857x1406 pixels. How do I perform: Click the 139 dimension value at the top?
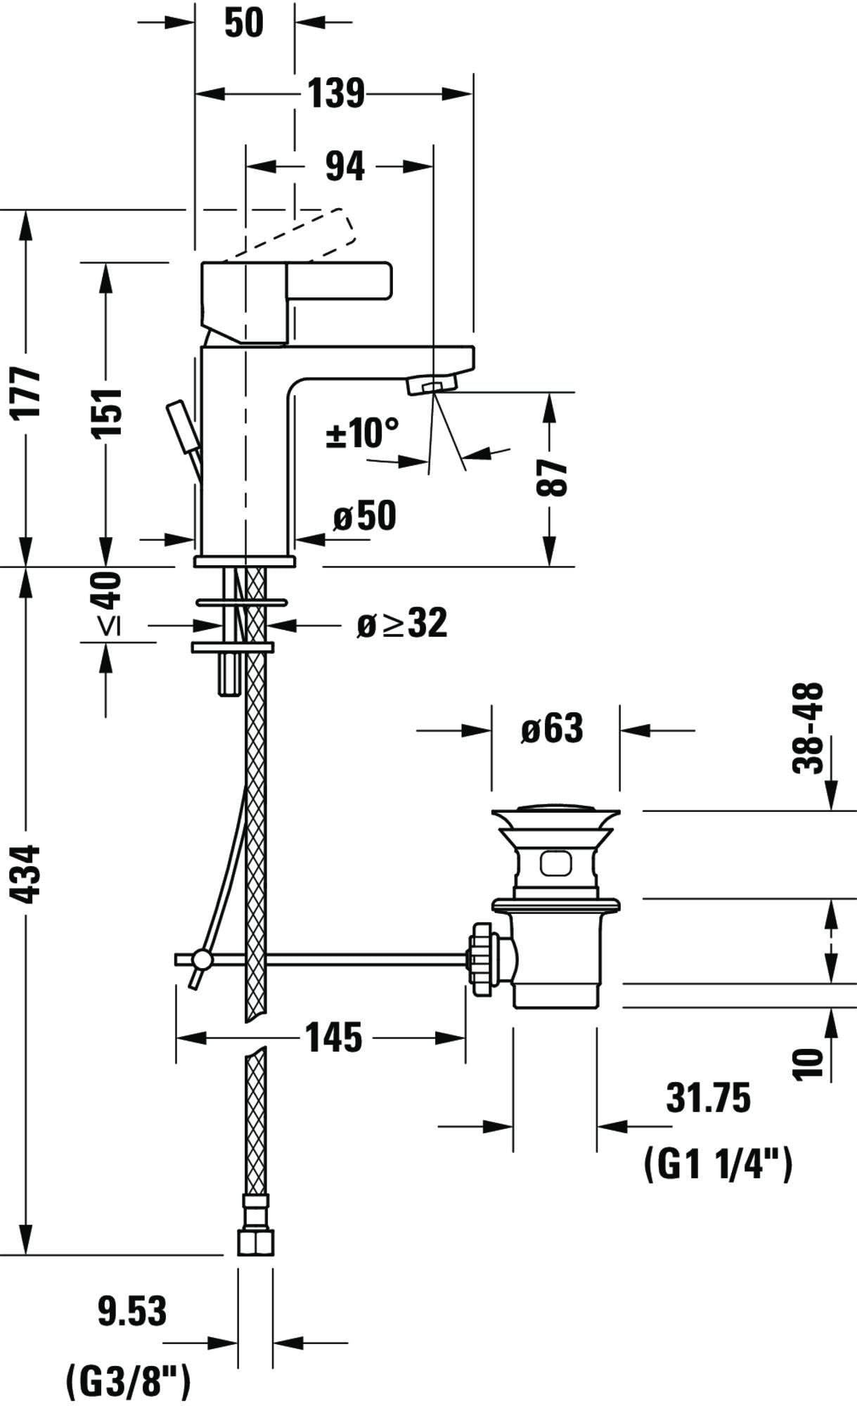pos(337,93)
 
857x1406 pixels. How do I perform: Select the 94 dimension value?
pos(345,167)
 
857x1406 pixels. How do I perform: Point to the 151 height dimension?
pos(108,412)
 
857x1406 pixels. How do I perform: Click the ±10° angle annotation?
pos(361,432)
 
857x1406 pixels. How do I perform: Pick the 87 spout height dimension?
pos(552,477)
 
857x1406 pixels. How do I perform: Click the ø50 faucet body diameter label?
pos(365,516)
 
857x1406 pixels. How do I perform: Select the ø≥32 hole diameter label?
pos(401,623)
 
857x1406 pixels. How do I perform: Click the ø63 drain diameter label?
pos(552,729)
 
